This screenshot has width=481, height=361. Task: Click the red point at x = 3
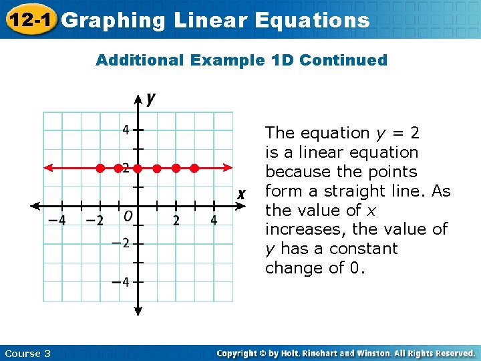tap(194, 168)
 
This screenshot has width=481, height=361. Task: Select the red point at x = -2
tap(100, 168)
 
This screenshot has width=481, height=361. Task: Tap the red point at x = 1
tap(156, 168)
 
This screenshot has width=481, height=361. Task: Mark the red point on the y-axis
tap(138, 168)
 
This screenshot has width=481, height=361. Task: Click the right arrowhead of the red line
tap(228, 168)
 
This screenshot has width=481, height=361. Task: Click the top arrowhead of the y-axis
tap(138, 99)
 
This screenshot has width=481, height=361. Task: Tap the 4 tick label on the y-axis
tap(126, 130)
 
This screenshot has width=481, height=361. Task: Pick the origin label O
tap(128, 216)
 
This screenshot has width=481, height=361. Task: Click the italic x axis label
tap(242, 194)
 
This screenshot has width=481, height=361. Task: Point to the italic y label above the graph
tap(151, 98)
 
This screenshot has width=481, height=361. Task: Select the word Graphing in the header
tap(113, 20)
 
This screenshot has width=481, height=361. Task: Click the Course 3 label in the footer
tap(27, 353)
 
